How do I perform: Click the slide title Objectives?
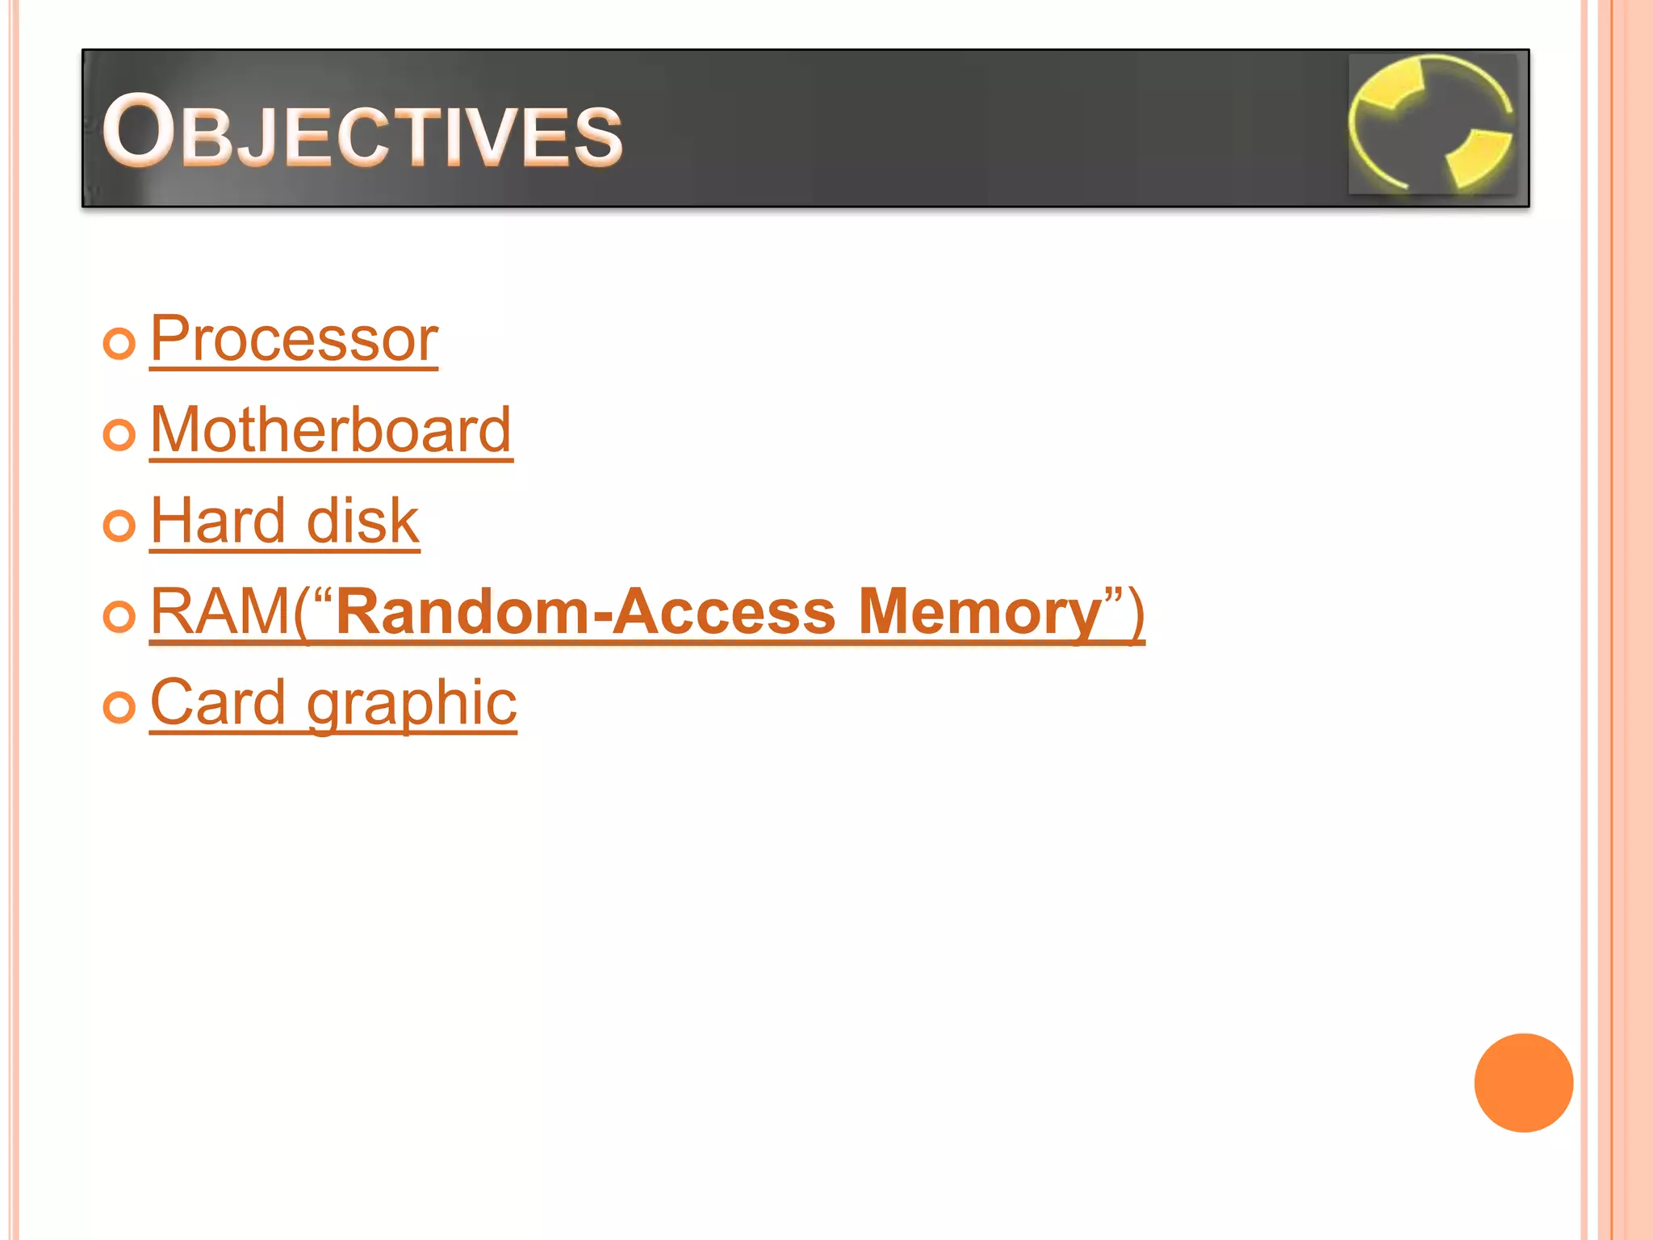[x=362, y=132]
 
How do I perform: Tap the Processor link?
[x=294, y=340]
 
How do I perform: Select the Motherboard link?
[x=331, y=430]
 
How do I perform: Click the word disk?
[x=362, y=522]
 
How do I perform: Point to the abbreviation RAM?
[x=220, y=612]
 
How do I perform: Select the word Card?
[x=218, y=702]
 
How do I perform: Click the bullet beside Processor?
[x=119, y=344]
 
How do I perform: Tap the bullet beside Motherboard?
[x=119, y=435]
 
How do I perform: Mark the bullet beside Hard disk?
[x=119, y=526]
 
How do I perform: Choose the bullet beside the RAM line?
[x=119, y=617]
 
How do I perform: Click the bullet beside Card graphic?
[x=119, y=708]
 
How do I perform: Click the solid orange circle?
[x=1523, y=1083]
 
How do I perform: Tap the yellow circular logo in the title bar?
[x=1433, y=124]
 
